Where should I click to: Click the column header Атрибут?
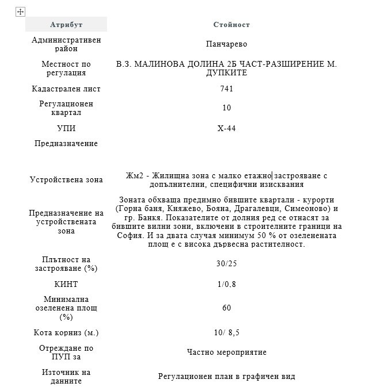[x=66, y=25]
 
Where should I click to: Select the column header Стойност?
[x=231, y=25]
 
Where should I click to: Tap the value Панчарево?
[x=226, y=44]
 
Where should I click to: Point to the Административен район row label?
[x=67, y=44]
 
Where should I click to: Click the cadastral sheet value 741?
[x=226, y=89]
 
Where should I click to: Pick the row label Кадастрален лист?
[x=67, y=89]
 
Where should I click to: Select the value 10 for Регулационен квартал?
[x=226, y=108]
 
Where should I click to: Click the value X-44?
[x=226, y=128]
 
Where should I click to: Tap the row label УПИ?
[x=67, y=128]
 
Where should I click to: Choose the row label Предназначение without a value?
[x=67, y=143]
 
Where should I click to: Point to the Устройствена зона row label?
[x=67, y=180]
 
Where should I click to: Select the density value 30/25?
[x=226, y=263]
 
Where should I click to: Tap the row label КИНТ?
[x=67, y=285]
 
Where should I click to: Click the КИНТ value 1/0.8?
[x=226, y=285]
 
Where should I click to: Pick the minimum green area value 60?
[x=226, y=308]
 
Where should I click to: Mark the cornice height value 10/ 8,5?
[x=226, y=332]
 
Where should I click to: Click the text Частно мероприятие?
[x=226, y=352]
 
